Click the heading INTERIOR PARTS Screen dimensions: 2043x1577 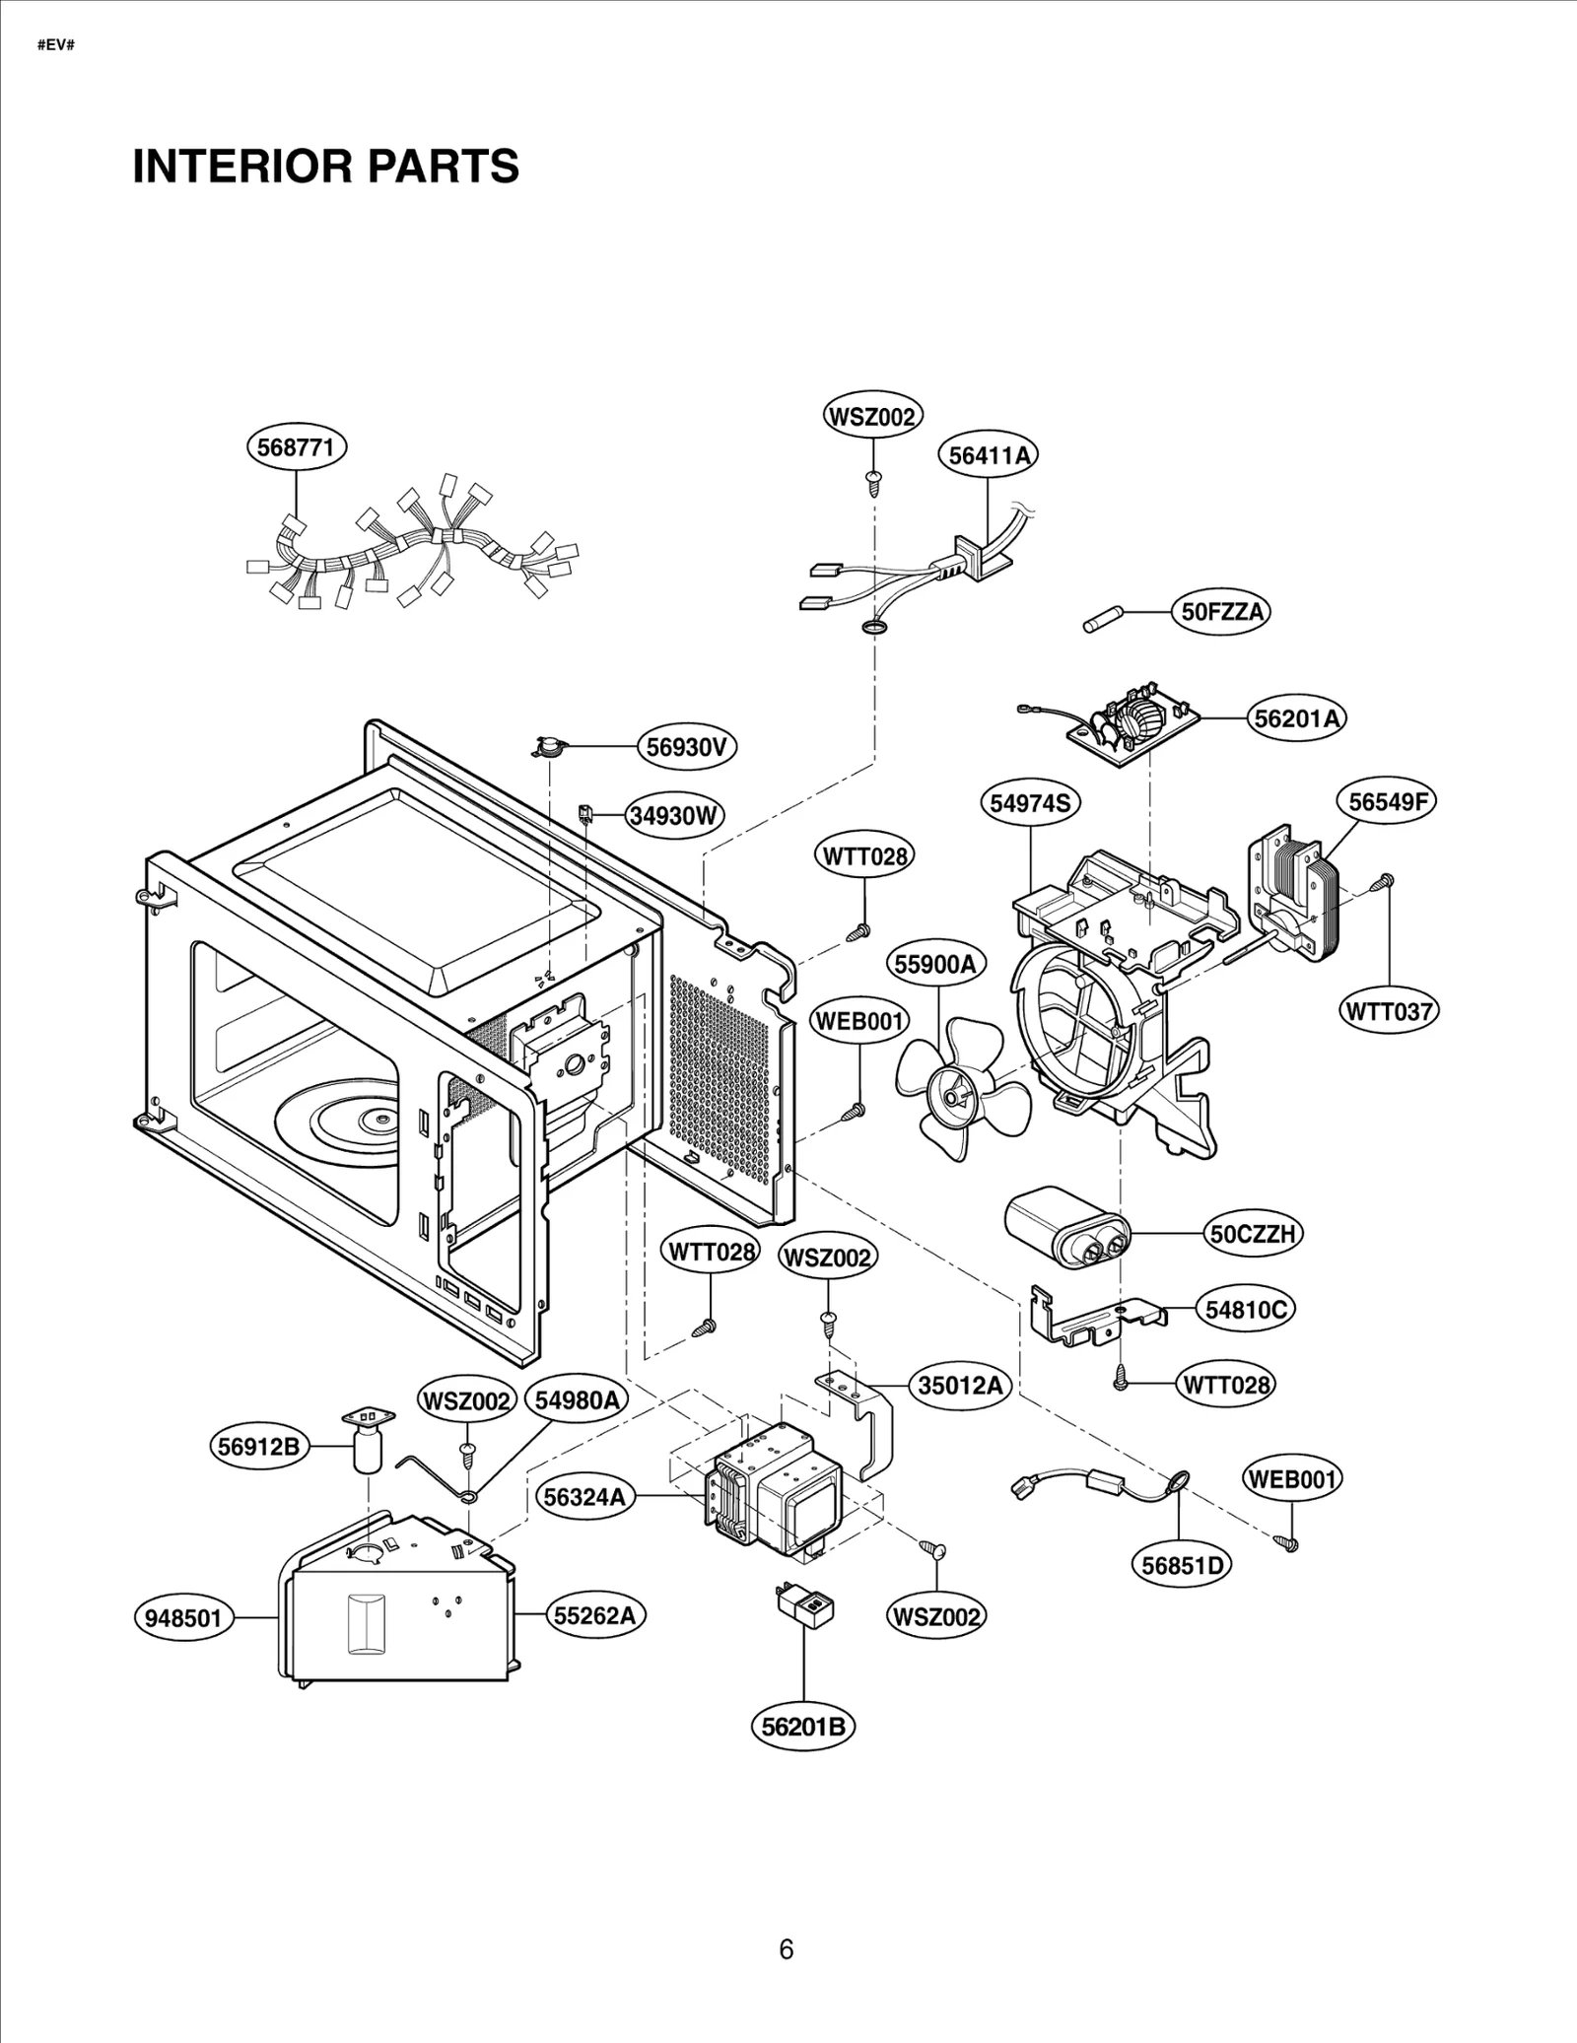(325, 166)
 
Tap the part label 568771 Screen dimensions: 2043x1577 (296, 447)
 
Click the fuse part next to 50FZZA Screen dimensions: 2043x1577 (1100, 621)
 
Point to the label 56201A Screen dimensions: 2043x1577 (1297, 718)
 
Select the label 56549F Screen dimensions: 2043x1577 (1387, 801)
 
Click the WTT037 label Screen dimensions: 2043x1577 (1390, 1010)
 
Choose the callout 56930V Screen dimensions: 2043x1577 (686, 747)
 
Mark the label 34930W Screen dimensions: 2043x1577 (675, 816)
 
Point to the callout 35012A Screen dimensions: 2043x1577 (960, 1386)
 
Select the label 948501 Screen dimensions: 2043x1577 (184, 1618)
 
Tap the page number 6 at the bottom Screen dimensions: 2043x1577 (787, 1949)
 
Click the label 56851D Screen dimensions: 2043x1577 (1181, 1565)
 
